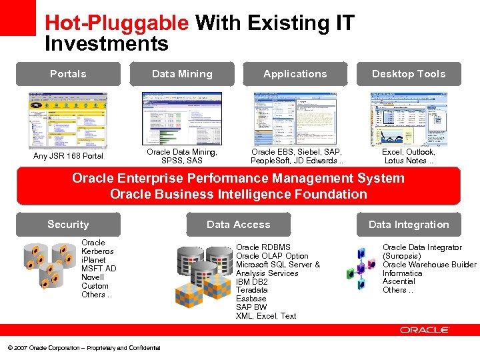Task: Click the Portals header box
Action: (x=68, y=74)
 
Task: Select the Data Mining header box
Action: (x=182, y=74)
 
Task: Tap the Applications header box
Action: (x=295, y=74)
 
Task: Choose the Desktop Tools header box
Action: (x=409, y=74)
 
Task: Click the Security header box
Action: (x=68, y=225)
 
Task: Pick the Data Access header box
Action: (x=239, y=225)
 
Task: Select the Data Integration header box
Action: (x=409, y=225)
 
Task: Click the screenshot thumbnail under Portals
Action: (x=68, y=119)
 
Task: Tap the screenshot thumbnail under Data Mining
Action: (x=182, y=118)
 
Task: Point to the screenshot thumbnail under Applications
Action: (x=295, y=118)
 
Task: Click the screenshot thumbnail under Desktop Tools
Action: (x=409, y=119)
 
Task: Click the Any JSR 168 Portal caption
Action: (x=68, y=156)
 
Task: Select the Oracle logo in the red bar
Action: (x=425, y=330)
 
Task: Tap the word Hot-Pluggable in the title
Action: (x=117, y=23)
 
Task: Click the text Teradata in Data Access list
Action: (x=252, y=290)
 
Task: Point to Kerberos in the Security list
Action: (x=97, y=251)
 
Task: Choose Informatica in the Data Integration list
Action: (x=403, y=273)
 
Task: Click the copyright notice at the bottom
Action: (x=83, y=348)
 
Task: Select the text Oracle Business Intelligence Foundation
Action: (x=239, y=195)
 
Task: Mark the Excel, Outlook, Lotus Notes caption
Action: (x=409, y=156)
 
